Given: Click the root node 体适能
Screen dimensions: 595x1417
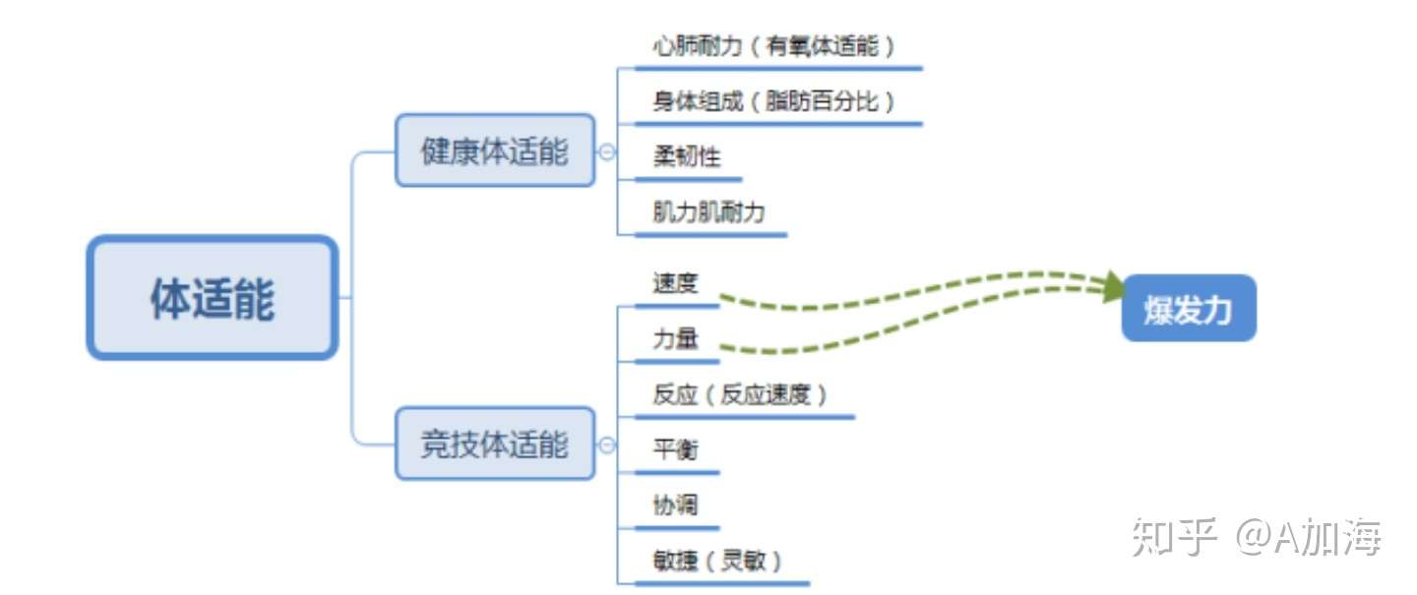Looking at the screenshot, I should [212, 298].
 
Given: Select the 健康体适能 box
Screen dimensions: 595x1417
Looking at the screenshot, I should [495, 150].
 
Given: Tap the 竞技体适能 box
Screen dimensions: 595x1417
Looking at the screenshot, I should [495, 444].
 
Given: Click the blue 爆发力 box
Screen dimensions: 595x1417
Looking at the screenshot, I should [1189, 309].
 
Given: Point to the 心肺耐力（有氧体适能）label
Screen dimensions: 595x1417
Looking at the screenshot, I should [774, 46].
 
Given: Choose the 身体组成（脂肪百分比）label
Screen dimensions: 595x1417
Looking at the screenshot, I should [774, 101].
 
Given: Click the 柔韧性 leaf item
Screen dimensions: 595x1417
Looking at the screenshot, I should [687, 156].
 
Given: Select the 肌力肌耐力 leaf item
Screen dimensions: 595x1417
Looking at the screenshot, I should [708, 212].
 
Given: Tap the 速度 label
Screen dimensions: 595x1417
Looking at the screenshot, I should [675, 284].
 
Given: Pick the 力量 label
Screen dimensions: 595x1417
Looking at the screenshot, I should [675, 339].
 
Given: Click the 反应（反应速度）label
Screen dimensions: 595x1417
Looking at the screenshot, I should [741, 395].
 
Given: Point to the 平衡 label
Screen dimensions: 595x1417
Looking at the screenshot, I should [675, 450].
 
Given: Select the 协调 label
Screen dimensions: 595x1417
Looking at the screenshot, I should [675, 506].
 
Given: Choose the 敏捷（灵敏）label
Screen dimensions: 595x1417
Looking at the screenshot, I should [719, 561].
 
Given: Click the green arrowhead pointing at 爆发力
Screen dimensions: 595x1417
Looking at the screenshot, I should [1114, 286].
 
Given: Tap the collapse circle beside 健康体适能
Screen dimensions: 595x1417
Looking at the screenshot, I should [607, 151].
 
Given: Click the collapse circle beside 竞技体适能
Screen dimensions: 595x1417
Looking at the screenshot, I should [607, 445].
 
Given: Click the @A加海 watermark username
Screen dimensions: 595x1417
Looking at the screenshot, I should [1309, 537].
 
